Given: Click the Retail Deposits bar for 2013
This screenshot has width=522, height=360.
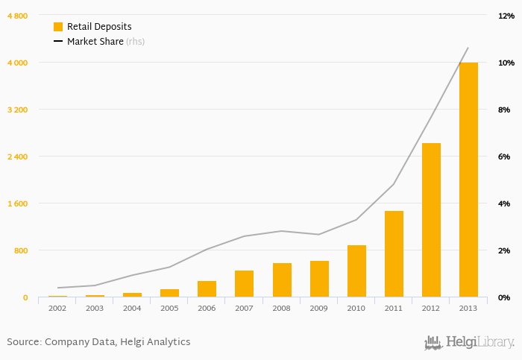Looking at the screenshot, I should tap(468, 180).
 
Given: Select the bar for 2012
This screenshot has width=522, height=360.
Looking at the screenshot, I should tap(431, 220).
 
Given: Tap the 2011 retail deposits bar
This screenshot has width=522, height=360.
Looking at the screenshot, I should tap(394, 254).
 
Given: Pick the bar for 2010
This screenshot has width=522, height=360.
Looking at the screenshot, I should tap(356, 271).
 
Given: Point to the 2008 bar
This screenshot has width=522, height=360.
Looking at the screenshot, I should tap(282, 280).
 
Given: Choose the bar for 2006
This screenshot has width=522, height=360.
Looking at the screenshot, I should tap(207, 289).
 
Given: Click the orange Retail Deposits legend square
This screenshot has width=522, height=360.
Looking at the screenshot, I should tap(58, 27).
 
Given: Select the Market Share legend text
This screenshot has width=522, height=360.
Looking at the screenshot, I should tap(95, 42).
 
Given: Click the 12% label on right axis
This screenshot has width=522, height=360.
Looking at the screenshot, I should tap(503, 16).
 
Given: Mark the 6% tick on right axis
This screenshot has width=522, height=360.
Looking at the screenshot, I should tap(503, 157).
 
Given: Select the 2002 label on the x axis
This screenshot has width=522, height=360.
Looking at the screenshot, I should tap(57, 308).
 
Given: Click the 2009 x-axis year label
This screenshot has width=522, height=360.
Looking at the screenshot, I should tap(319, 308).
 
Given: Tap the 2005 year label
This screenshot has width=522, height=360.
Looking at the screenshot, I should tap(169, 308).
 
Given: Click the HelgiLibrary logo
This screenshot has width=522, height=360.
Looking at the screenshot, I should tap(469, 342).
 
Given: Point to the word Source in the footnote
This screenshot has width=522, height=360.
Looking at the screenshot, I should tap(23, 342).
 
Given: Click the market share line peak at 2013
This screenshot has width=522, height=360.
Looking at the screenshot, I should tap(468, 48).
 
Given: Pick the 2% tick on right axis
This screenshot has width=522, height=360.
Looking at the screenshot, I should tap(503, 250).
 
